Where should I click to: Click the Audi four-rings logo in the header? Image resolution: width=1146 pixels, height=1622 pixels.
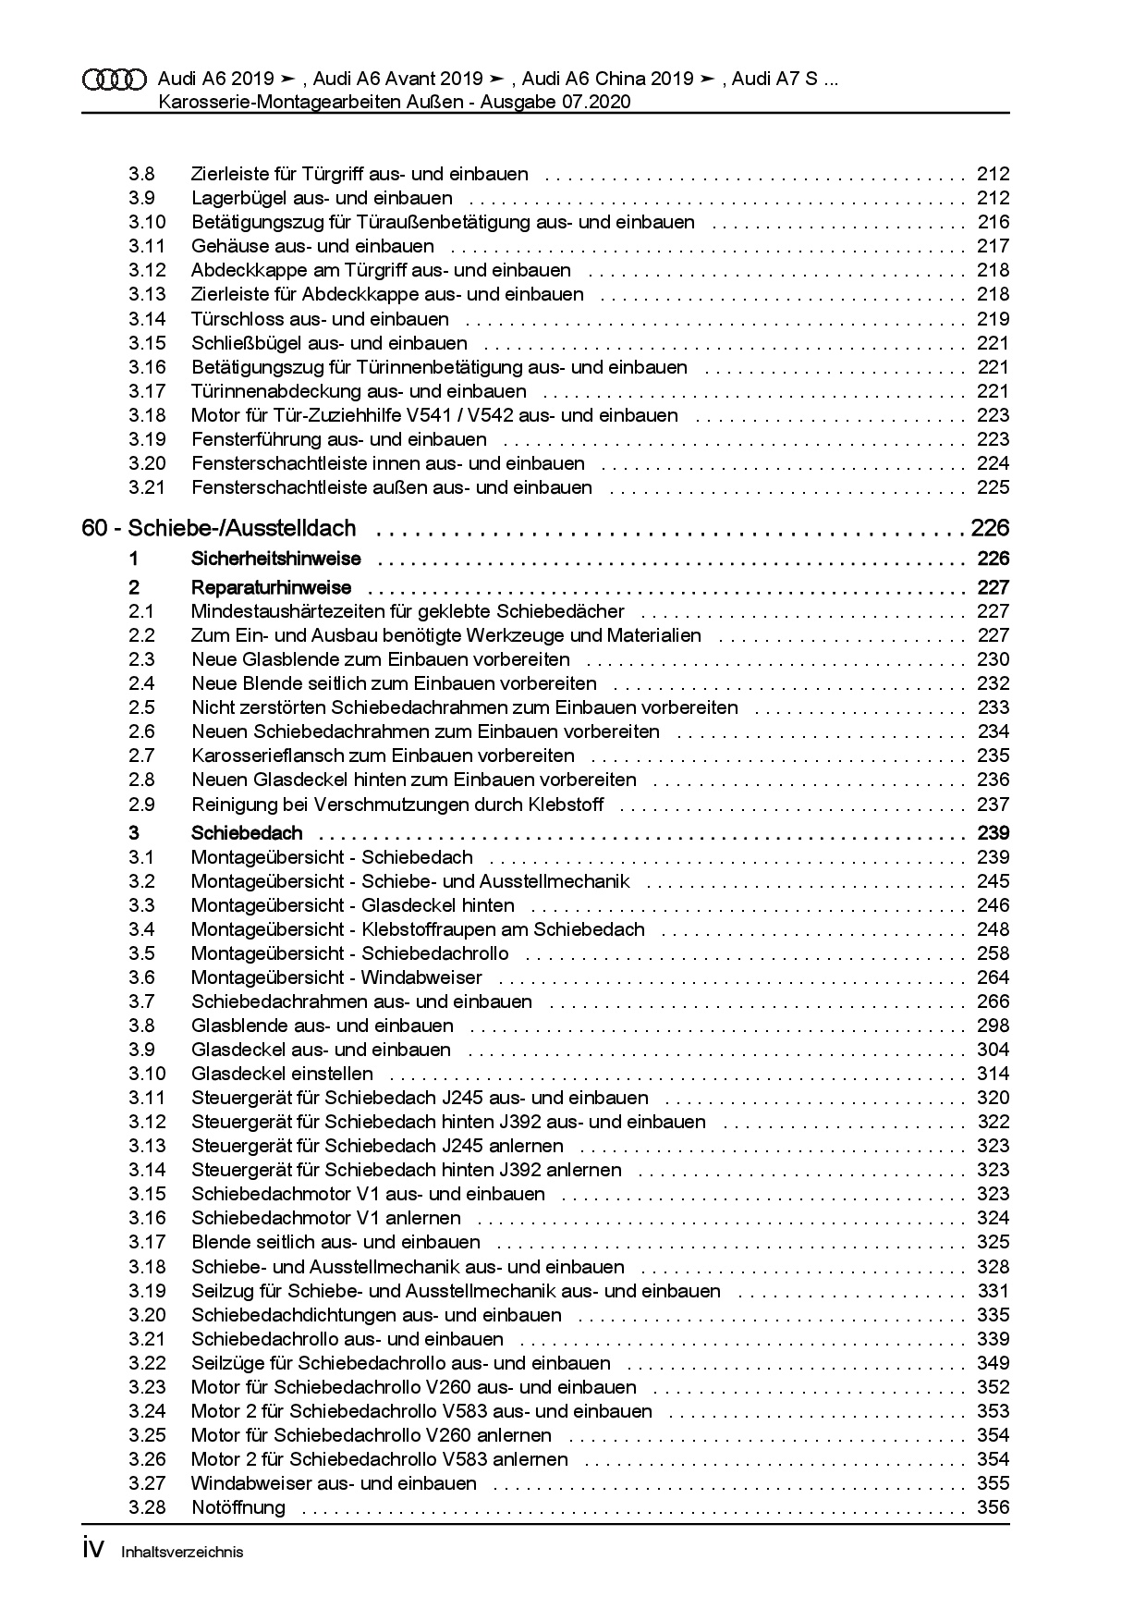[x=114, y=80]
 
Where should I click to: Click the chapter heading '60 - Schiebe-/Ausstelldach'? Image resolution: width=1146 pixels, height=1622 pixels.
[x=219, y=528]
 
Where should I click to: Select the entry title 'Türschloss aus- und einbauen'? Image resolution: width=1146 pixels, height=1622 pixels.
[x=320, y=319]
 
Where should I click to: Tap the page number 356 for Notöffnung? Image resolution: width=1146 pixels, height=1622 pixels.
[x=993, y=1507]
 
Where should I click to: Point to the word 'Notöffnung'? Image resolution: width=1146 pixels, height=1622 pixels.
[x=238, y=1507]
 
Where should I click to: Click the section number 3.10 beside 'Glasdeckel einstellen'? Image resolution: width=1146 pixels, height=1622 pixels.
[x=147, y=1074]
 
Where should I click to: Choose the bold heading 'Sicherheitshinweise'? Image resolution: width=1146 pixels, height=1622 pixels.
[x=275, y=559]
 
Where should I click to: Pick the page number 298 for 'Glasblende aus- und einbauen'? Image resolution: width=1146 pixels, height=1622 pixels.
[x=993, y=1026]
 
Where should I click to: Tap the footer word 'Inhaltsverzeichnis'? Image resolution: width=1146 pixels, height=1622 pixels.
[x=182, y=1553]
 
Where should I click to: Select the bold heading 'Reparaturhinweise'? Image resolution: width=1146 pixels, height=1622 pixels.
[x=271, y=587]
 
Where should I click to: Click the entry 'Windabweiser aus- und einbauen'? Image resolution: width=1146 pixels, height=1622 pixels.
[x=334, y=1483]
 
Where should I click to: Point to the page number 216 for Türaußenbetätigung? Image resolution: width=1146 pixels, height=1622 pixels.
[x=994, y=222]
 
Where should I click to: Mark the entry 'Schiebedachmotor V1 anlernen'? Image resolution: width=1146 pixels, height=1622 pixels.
[x=325, y=1218]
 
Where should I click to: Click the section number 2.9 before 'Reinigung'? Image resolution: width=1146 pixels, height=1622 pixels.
[x=141, y=805]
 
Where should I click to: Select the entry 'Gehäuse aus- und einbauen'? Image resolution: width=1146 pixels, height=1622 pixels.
[x=312, y=246]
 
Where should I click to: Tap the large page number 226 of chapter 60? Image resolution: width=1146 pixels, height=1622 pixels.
[x=990, y=528]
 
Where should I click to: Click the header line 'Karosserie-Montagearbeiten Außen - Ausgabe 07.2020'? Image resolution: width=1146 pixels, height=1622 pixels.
[x=395, y=102]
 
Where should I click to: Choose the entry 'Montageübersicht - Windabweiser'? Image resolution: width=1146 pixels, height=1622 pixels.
[x=336, y=977]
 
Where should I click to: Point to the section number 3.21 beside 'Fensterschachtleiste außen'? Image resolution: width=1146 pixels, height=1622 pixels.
[x=147, y=487]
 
